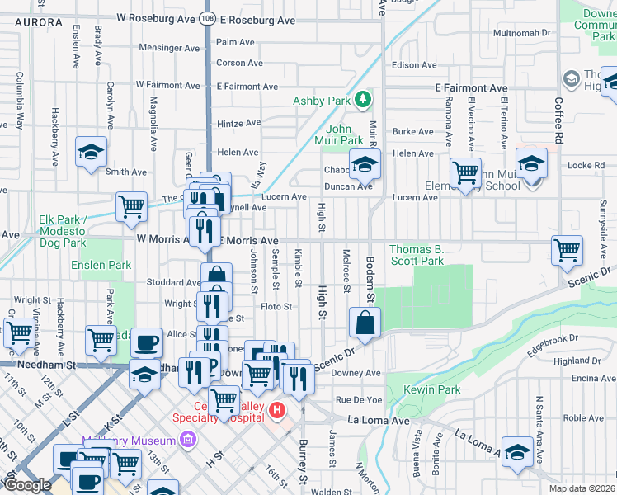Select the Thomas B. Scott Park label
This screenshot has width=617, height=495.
coord(417,255)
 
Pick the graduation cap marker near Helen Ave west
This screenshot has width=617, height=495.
coord(92,152)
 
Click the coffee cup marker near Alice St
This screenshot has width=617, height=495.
coord(147,342)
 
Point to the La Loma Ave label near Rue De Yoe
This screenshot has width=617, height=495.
coord(378,421)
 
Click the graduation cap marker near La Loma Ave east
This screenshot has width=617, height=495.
coord(517,451)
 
